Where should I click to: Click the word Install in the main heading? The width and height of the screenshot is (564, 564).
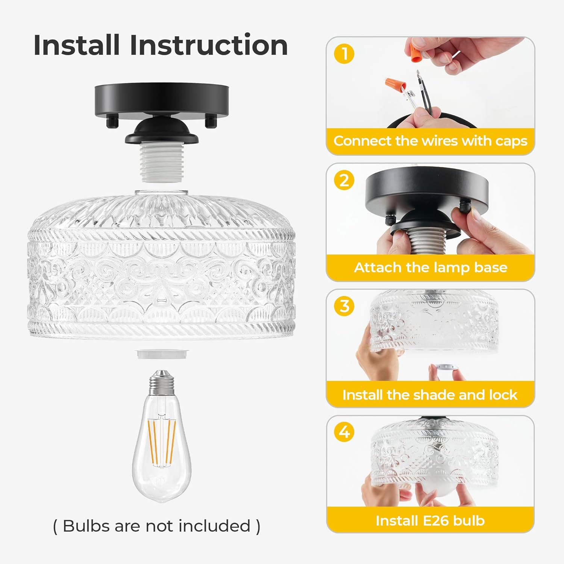click(x=77, y=45)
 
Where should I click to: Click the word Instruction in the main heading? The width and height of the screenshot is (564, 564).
click(x=209, y=45)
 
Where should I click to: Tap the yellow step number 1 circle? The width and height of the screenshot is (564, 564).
click(x=344, y=54)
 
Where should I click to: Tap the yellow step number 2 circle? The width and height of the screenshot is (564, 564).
click(x=344, y=180)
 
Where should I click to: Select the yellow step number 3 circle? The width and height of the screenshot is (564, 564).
click(x=344, y=306)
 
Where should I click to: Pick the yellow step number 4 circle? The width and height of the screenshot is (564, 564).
click(x=344, y=432)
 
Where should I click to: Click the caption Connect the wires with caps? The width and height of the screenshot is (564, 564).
click(x=430, y=141)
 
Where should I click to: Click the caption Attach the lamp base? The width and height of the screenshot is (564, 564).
click(x=430, y=267)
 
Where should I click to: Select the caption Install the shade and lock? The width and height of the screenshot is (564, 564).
click(x=430, y=395)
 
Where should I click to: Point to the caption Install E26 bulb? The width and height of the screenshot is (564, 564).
click(x=430, y=521)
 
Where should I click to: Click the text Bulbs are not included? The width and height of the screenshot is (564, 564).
click(x=156, y=526)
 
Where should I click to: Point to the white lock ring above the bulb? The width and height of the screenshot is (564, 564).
click(x=162, y=354)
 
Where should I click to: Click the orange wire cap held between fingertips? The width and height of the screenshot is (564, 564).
click(x=415, y=55)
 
